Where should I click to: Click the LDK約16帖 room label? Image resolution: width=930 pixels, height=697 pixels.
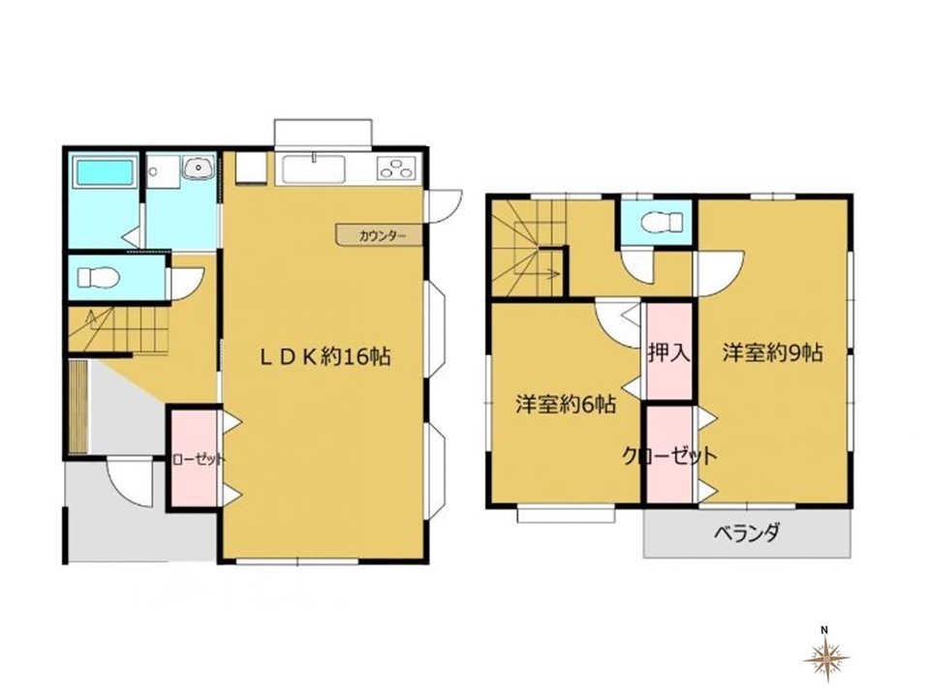click(325, 357)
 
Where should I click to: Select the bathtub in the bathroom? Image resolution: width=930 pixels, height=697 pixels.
click(104, 172)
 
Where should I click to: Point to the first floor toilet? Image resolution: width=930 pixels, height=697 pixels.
click(99, 277)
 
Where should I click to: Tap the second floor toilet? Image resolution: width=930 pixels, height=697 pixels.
click(662, 223)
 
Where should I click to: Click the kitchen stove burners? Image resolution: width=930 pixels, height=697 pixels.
click(396, 168)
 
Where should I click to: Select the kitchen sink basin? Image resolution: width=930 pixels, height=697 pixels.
click(314, 169)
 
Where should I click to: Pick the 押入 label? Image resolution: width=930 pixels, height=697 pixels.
click(669, 352)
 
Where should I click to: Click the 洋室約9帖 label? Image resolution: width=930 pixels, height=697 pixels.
click(772, 352)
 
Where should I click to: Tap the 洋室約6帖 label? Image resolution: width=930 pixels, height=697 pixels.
click(565, 405)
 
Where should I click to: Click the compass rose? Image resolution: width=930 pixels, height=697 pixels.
click(825, 658)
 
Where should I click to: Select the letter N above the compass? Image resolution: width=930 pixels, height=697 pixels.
click(824, 629)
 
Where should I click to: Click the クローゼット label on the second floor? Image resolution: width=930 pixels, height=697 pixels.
click(669, 456)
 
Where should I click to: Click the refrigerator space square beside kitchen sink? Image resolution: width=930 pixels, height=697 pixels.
click(251, 167)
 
